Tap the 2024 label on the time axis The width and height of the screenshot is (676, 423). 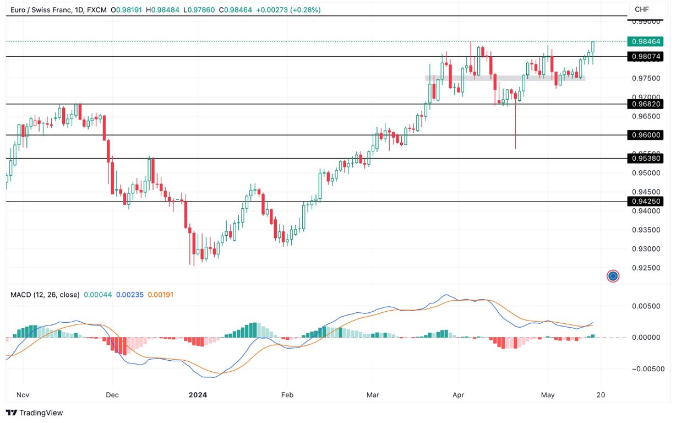tap(197, 394)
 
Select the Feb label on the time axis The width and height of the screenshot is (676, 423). tap(287, 394)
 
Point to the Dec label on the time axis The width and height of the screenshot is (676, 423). tap(112, 394)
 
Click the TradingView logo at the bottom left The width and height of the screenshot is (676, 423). tap(35, 413)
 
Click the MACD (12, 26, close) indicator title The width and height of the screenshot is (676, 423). tap(45, 295)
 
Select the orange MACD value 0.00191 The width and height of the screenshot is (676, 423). tap(160, 295)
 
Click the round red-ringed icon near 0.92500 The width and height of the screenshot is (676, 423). tap(613, 276)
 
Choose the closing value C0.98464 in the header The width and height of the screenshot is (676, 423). tap(236, 10)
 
